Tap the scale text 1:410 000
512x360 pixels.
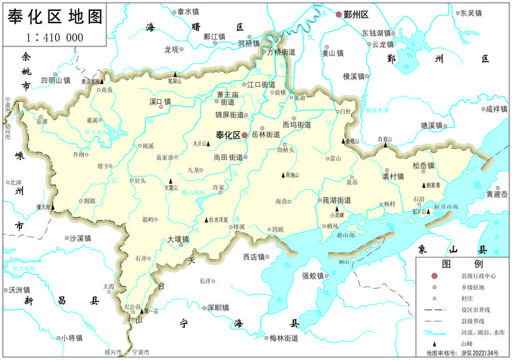[x=55, y=38]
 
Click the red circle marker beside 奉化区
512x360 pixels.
[x=245, y=135]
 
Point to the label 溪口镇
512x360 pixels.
[x=160, y=102]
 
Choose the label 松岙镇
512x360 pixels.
[x=423, y=166]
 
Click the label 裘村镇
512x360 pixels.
[x=394, y=176]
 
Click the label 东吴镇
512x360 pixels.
[x=470, y=13]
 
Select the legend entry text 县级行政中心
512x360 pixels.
[x=478, y=275]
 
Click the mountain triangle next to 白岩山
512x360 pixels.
[x=385, y=146]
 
